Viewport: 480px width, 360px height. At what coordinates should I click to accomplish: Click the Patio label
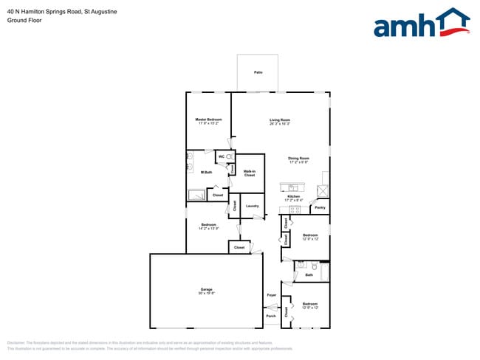tap(258, 72)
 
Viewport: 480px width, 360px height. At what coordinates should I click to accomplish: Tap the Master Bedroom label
tap(208, 120)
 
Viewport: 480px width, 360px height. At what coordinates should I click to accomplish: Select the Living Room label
tap(279, 120)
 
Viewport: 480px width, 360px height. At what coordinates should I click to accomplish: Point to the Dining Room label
tap(298, 158)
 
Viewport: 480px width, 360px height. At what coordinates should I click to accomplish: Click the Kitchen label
tap(293, 196)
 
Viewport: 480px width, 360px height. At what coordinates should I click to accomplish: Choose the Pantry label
tap(320, 208)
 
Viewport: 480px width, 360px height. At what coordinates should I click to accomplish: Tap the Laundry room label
tap(251, 206)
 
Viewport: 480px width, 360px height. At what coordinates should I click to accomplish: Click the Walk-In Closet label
tap(250, 173)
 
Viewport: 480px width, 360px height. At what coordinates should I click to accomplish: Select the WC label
tap(222, 157)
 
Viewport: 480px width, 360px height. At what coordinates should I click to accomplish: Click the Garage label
tap(206, 289)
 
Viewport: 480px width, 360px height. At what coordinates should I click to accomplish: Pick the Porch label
tap(271, 316)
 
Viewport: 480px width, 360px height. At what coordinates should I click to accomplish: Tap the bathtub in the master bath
tap(197, 195)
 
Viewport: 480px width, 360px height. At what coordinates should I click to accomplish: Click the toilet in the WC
tap(230, 157)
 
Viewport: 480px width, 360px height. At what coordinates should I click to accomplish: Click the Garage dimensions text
tap(206, 294)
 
